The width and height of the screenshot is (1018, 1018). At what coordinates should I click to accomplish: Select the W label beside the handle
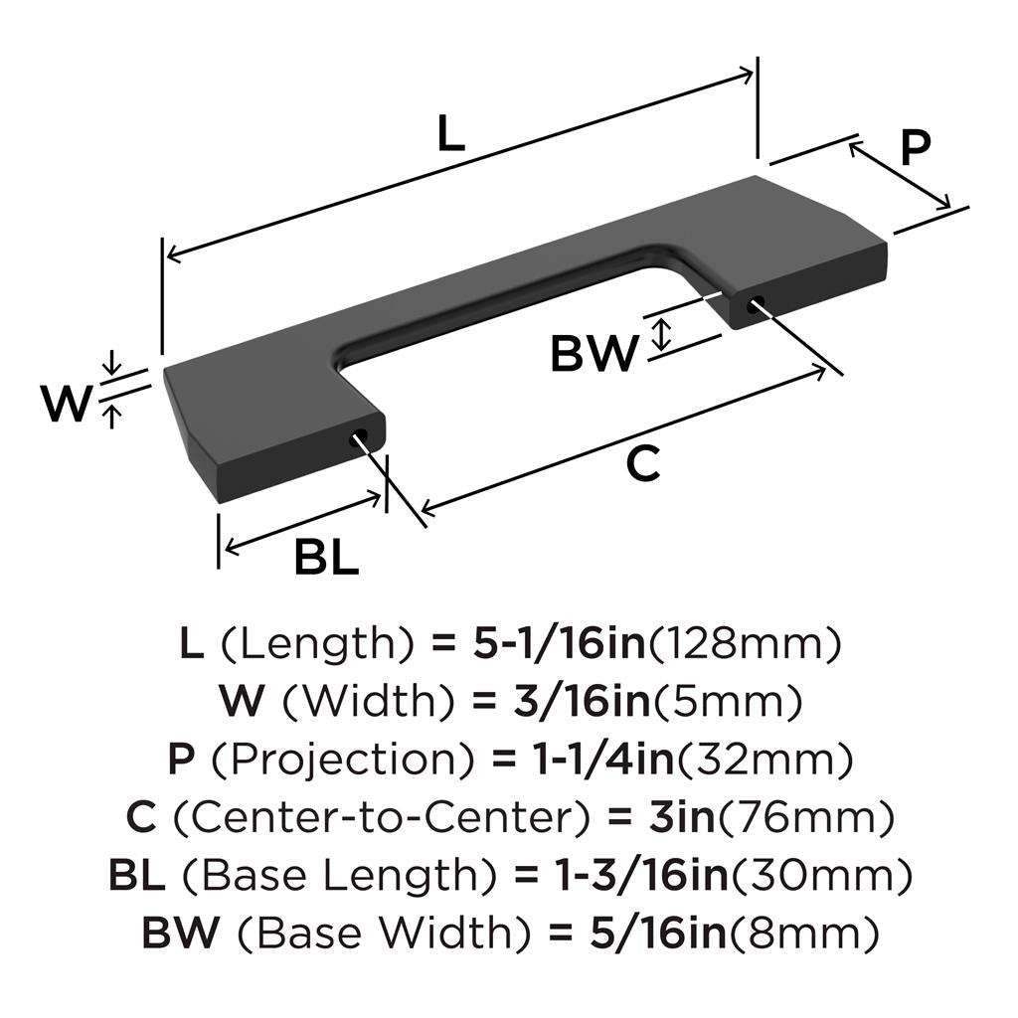65,403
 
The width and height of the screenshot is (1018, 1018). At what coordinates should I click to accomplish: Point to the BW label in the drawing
594,354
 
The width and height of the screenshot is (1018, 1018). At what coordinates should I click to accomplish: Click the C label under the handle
643,464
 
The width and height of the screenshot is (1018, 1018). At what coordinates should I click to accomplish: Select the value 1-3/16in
636,876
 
